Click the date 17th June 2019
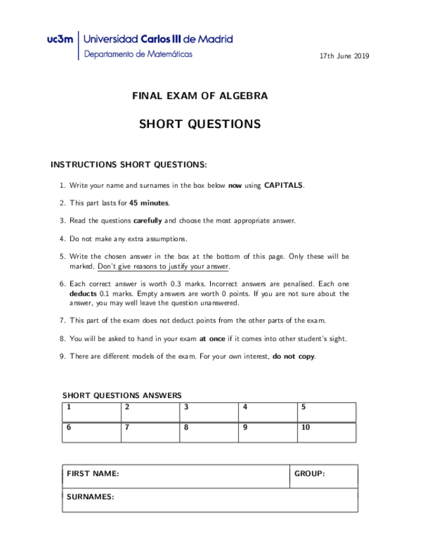tap(344, 56)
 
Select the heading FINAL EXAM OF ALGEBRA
tap(200, 96)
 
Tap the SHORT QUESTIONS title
tap(200, 124)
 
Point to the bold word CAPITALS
tap(284, 186)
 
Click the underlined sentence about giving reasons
tap(163, 267)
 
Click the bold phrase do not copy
tap(293, 357)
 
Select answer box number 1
tap(91, 412)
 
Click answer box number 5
tap(326, 412)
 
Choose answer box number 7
tap(150, 432)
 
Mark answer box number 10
tap(326, 432)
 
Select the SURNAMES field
tap(210, 500)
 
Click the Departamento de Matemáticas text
tap(139, 55)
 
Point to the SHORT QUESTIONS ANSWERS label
tap(122, 395)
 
